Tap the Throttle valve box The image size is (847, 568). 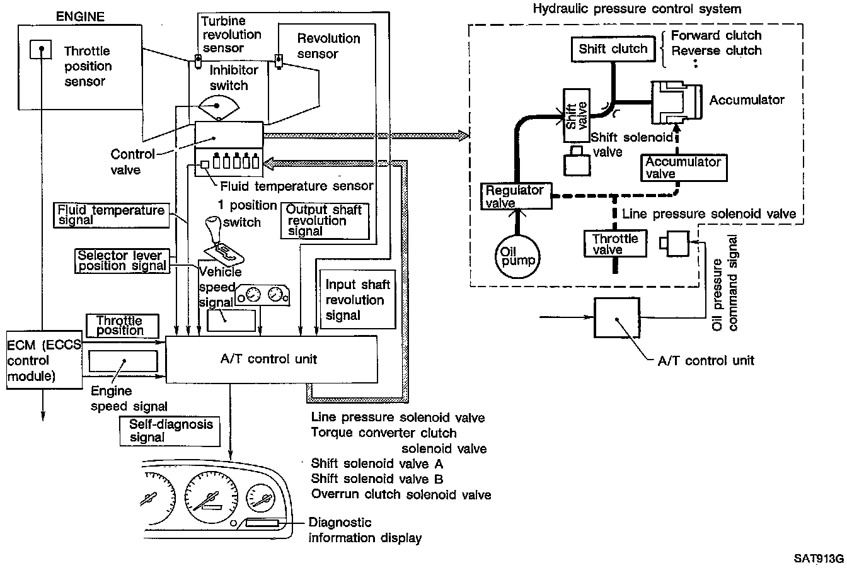[616, 244]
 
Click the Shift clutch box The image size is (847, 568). [613, 49]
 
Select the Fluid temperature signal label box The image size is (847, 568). [112, 214]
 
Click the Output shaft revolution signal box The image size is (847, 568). [325, 220]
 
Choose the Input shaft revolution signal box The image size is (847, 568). [357, 300]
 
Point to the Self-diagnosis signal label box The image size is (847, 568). [170, 430]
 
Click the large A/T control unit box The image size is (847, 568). [271, 359]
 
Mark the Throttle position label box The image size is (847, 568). [119, 325]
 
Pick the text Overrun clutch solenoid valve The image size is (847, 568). [401, 494]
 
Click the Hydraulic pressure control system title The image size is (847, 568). [637, 9]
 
